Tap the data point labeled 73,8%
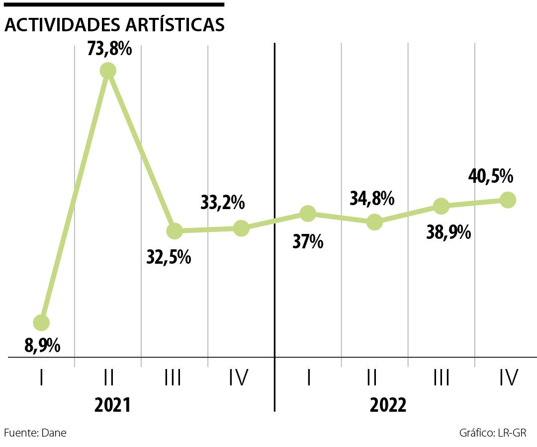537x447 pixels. coord(108,71)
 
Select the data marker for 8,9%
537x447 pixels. coord(41,323)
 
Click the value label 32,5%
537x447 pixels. coord(169,257)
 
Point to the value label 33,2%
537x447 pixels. coord(223,203)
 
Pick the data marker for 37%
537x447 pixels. coord(308,214)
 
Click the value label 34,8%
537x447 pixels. coord(372,199)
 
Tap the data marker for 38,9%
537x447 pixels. coord(441,206)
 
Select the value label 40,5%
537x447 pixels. coord(491,176)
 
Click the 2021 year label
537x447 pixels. coord(112,405)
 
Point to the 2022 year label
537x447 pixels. coord(388,405)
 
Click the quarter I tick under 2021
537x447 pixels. coord(41,378)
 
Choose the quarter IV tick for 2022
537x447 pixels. coord(508,378)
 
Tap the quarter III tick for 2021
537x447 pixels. coord(173,378)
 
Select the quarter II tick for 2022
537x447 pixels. coord(371,378)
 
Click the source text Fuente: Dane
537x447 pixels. coord(35,433)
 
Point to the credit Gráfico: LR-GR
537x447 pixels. coord(493,433)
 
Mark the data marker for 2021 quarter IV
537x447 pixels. coord(241,228)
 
